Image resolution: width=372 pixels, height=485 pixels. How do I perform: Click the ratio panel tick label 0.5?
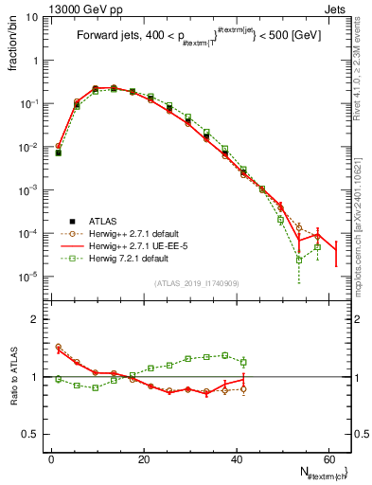31,434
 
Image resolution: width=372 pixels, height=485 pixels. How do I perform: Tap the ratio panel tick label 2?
36,319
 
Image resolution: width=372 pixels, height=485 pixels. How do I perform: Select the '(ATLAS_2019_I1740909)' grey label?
197,283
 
